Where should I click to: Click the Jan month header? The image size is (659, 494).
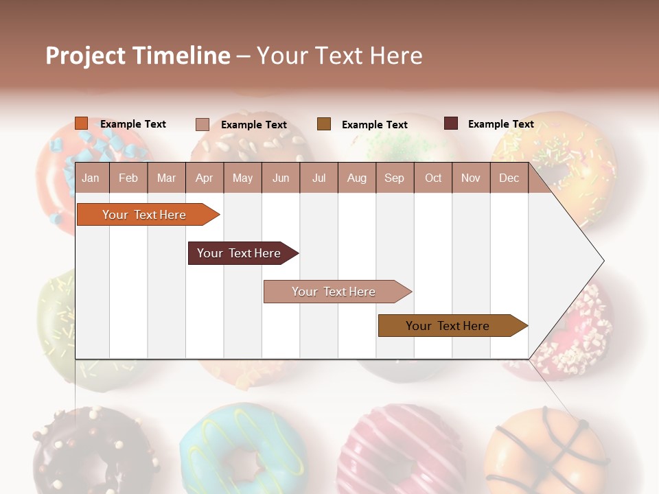tap(91, 178)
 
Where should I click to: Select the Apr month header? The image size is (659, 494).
tap(204, 178)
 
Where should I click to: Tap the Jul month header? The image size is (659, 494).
tap(319, 178)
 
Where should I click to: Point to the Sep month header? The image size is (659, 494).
tap(394, 178)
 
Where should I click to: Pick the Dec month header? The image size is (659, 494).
tap(509, 178)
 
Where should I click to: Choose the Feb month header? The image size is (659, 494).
tap(128, 178)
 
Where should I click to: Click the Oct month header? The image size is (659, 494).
tap(433, 178)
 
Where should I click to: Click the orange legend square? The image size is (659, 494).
tap(82, 123)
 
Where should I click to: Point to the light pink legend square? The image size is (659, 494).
tap(203, 124)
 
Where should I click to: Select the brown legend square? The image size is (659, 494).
tap(324, 124)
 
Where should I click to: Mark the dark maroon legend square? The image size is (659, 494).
tap(451, 123)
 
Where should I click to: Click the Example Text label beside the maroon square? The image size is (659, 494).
tap(500, 124)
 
